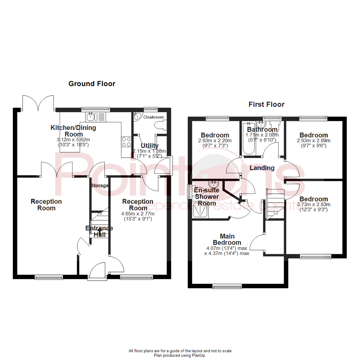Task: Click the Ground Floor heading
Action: click(92, 84)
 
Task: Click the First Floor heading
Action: click(266, 104)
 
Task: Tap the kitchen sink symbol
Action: click(96, 117)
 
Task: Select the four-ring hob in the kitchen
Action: click(127, 142)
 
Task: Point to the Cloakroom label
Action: click(153, 117)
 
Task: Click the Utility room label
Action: click(150, 146)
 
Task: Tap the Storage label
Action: click(99, 185)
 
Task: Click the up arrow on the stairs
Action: click(100, 231)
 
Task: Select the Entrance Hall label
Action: click(99, 231)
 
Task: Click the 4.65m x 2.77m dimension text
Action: click(138, 214)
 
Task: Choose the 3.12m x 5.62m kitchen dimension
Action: click(73, 140)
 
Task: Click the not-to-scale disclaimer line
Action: click(180, 351)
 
